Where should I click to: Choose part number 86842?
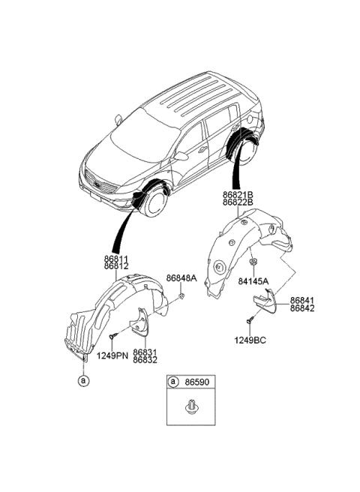click(302, 307)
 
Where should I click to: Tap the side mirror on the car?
click(182, 156)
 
